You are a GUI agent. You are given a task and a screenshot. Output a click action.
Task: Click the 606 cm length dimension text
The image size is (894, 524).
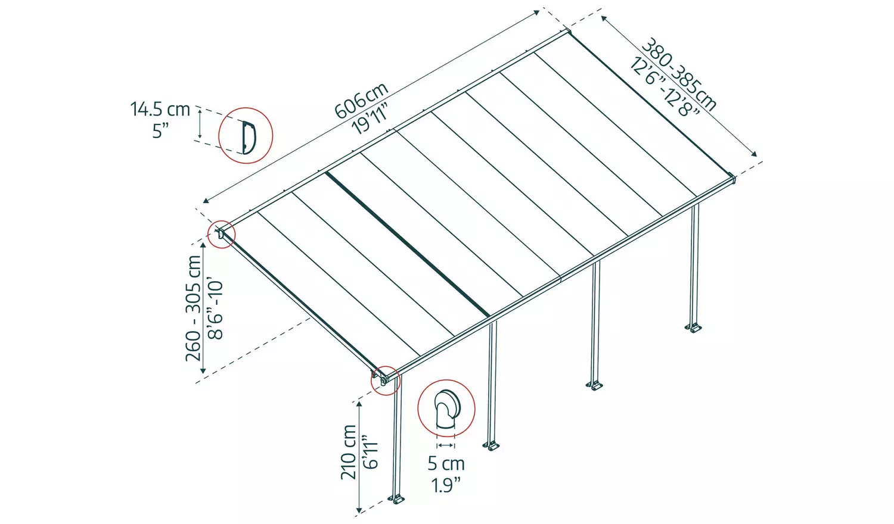[x=361, y=101]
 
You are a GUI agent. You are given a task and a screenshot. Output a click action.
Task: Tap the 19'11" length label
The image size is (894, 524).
[x=371, y=118]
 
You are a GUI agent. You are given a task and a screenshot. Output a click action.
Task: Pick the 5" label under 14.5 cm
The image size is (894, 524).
[x=160, y=130]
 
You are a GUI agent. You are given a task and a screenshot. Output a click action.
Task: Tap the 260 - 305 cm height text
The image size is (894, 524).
[x=194, y=308]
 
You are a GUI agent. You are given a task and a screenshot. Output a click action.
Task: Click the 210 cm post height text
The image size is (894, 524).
[x=349, y=451]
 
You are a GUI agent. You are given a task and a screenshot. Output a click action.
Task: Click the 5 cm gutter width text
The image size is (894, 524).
[x=446, y=463]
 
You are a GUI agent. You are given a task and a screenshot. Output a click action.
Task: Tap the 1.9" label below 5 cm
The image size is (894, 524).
[x=446, y=485]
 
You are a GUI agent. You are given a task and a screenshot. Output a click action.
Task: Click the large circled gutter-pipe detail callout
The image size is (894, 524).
[x=446, y=408]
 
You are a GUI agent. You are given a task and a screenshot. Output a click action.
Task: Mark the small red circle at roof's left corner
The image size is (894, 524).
[x=221, y=234]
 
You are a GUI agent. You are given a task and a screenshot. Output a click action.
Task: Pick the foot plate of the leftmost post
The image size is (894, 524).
[x=396, y=498]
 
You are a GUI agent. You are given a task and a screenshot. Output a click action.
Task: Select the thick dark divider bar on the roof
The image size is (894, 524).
[x=408, y=244]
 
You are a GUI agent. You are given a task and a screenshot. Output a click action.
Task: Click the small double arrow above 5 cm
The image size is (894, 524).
[x=446, y=445]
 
